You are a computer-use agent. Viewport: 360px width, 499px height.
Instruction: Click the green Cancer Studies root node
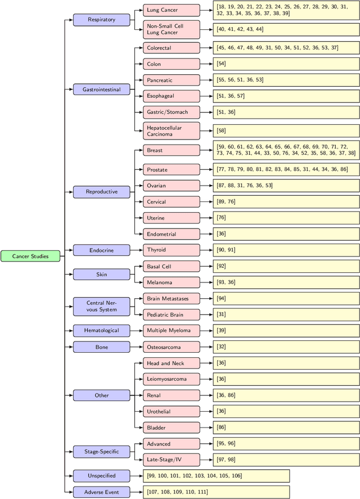(x=29, y=256)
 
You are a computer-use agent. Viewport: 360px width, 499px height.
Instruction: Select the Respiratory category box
(x=101, y=20)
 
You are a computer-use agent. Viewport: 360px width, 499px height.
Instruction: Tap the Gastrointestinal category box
(x=101, y=89)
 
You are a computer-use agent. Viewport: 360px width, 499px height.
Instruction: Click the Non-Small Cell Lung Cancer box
(x=171, y=29)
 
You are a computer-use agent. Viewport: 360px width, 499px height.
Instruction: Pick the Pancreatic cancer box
(x=171, y=80)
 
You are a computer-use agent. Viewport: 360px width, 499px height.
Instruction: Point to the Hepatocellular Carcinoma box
(x=171, y=131)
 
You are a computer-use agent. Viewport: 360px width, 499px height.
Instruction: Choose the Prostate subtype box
(x=171, y=169)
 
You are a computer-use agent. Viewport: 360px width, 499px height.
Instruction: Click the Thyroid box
(x=171, y=249)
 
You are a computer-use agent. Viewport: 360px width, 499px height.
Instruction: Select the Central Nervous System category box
(x=101, y=306)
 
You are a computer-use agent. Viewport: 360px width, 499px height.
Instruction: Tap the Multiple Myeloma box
(x=171, y=330)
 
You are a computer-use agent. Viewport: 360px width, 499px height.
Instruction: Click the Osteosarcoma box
(x=171, y=347)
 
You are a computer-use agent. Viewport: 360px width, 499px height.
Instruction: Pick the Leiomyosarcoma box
(x=171, y=379)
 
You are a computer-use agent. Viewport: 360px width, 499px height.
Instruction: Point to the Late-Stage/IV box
(x=171, y=460)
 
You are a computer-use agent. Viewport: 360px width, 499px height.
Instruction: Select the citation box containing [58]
(x=286, y=131)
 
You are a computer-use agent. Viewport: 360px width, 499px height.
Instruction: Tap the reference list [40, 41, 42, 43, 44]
(x=286, y=29)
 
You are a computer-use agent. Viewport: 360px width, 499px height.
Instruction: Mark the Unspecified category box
(x=101, y=476)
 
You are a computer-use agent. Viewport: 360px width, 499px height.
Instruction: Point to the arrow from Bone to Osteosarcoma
(x=136, y=347)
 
